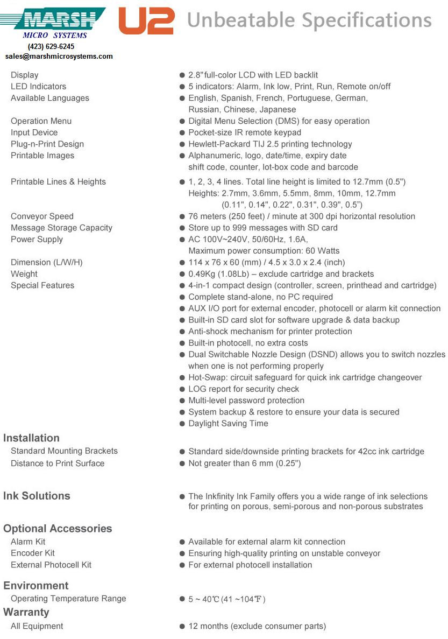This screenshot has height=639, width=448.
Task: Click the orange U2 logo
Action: [146, 21]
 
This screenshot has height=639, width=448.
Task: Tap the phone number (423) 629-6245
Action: [51, 47]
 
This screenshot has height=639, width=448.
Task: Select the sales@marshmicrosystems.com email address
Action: [59, 56]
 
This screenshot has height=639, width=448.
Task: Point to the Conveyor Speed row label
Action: [42, 216]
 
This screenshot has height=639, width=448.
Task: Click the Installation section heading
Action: [31, 438]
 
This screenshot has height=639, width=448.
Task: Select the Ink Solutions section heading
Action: [37, 496]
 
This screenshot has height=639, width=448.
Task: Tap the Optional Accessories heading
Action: [58, 528]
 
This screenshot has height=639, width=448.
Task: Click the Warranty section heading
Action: [26, 612]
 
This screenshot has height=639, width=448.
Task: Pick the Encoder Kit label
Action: [33, 553]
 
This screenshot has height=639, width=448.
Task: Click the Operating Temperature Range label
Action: [68, 599]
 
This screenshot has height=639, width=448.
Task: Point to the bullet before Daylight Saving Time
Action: [182, 424]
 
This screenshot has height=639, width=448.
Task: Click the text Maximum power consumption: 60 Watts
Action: [264, 251]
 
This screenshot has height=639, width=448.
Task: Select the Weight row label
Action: [24, 274]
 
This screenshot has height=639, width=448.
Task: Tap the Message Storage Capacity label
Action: [61, 228]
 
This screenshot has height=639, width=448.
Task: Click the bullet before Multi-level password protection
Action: [182, 401]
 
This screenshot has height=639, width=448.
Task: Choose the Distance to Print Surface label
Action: [58, 463]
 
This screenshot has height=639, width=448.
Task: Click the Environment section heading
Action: [36, 586]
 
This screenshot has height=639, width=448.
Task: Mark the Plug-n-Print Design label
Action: [47, 144]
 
